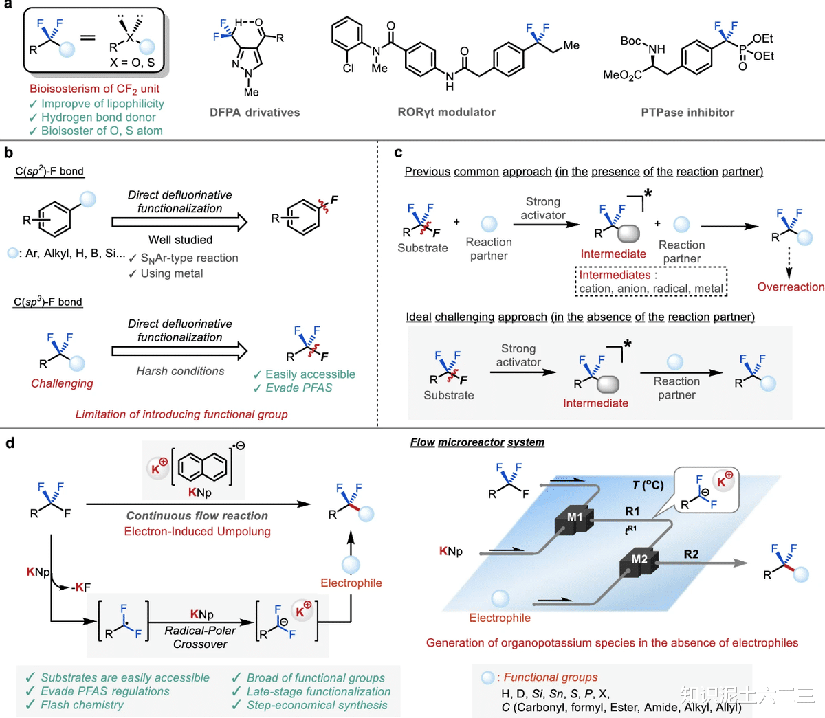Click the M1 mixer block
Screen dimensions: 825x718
pyautogui.click(x=574, y=519)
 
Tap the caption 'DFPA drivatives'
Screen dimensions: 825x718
pyautogui.click(x=254, y=113)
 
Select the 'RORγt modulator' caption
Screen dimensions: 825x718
pyautogui.click(x=446, y=112)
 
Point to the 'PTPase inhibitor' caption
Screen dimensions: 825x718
pyautogui.click(x=687, y=113)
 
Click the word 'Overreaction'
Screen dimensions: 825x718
pyautogui.click(x=791, y=287)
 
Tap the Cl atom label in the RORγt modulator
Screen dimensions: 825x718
pyautogui.click(x=349, y=68)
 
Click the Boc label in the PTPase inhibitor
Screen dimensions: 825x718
pyautogui.click(x=630, y=41)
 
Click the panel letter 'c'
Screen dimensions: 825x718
pyautogui.click(x=398, y=153)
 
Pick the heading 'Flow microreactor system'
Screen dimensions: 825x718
pyautogui.click(x=477, y=442)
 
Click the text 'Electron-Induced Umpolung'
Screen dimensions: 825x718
pyautogui.click(x=197, y=531)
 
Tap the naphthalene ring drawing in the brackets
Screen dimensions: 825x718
pyautogui.click(x=202, y=467)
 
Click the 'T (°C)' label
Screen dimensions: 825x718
pyautogui.click(x=648, y=485)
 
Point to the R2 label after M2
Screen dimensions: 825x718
pyautogui.click(x=691, y=554)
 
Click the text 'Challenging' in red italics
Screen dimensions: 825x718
pyautogui.click(x=62, y=383)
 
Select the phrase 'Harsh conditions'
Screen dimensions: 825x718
pyautogui.click(x=180, y=371)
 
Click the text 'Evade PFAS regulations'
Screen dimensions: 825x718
pyautogui.click(x=104, y=691)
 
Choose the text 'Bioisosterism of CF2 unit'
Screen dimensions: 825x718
pyautogui.click(x=94, y=89)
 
